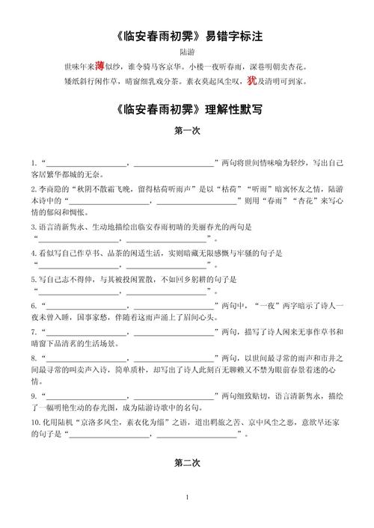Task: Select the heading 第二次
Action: [187, 464]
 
